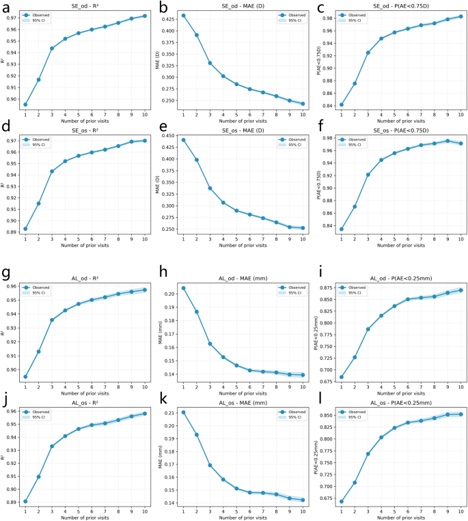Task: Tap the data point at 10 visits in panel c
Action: coord(460,16)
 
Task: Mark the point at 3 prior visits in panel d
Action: coord(51,171)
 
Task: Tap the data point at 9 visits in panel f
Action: coord(448,141)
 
